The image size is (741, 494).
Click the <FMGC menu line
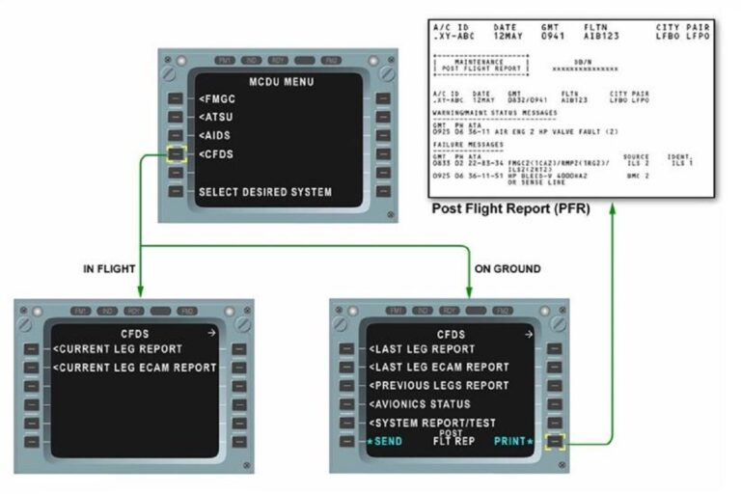(218, 99)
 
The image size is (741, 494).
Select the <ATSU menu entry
(217, 118)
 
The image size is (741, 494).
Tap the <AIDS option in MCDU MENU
(217, 136)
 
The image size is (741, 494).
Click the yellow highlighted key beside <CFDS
(175, 153)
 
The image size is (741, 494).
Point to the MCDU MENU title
(281, 82)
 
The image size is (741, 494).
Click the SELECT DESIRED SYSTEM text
(264, 192)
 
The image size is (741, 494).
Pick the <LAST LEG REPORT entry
(422, 348)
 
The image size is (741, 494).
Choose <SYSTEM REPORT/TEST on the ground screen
(433, 423)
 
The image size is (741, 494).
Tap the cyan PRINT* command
(513, 441)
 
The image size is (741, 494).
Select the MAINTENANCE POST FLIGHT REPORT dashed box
(479, 66)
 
